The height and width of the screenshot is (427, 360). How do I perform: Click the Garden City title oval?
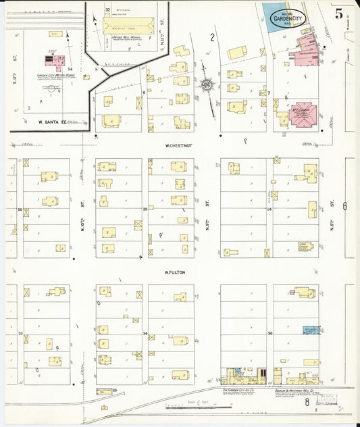pos(287,18)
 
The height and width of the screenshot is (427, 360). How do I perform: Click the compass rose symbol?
pos(206,85)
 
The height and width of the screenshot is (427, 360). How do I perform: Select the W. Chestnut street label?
pos(175,145)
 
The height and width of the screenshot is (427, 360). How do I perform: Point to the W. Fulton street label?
pos(174,272)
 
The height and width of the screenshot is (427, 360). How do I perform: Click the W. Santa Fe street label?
pos(49,122)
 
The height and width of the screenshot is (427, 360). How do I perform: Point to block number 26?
pos(20,209)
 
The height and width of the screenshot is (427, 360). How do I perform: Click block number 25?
pos(145,209)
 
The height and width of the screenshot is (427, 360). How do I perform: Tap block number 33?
pos(20,334)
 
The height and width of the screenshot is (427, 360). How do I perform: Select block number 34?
pos(145,334)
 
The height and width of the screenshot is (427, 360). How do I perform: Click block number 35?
pos(269,334)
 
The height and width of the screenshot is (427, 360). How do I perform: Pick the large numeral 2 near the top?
pos(211,37)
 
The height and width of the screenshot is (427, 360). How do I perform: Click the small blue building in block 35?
pos(311,330)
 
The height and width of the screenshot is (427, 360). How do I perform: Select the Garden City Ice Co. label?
pos(240,391)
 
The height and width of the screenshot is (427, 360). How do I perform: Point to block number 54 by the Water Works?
pos(70,69)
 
